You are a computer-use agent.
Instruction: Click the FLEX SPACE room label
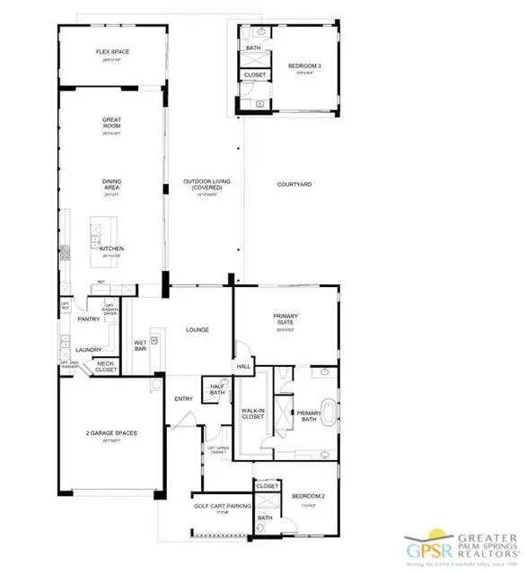pyautogui.click(x=113, y=52)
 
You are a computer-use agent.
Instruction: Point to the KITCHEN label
pyautogui.click(x=111, y=248)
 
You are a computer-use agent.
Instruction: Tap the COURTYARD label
pyautogui.click(x=294, y=184)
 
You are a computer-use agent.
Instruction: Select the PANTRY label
pyautogui.click(x=88, y=318)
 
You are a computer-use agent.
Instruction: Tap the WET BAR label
pyautogui.click(x=140, y=344)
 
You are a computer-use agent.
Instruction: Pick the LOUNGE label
pyautogui.click(x=198, y=330)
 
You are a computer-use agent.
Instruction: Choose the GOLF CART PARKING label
pyautogui.click(x=221, y=507)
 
